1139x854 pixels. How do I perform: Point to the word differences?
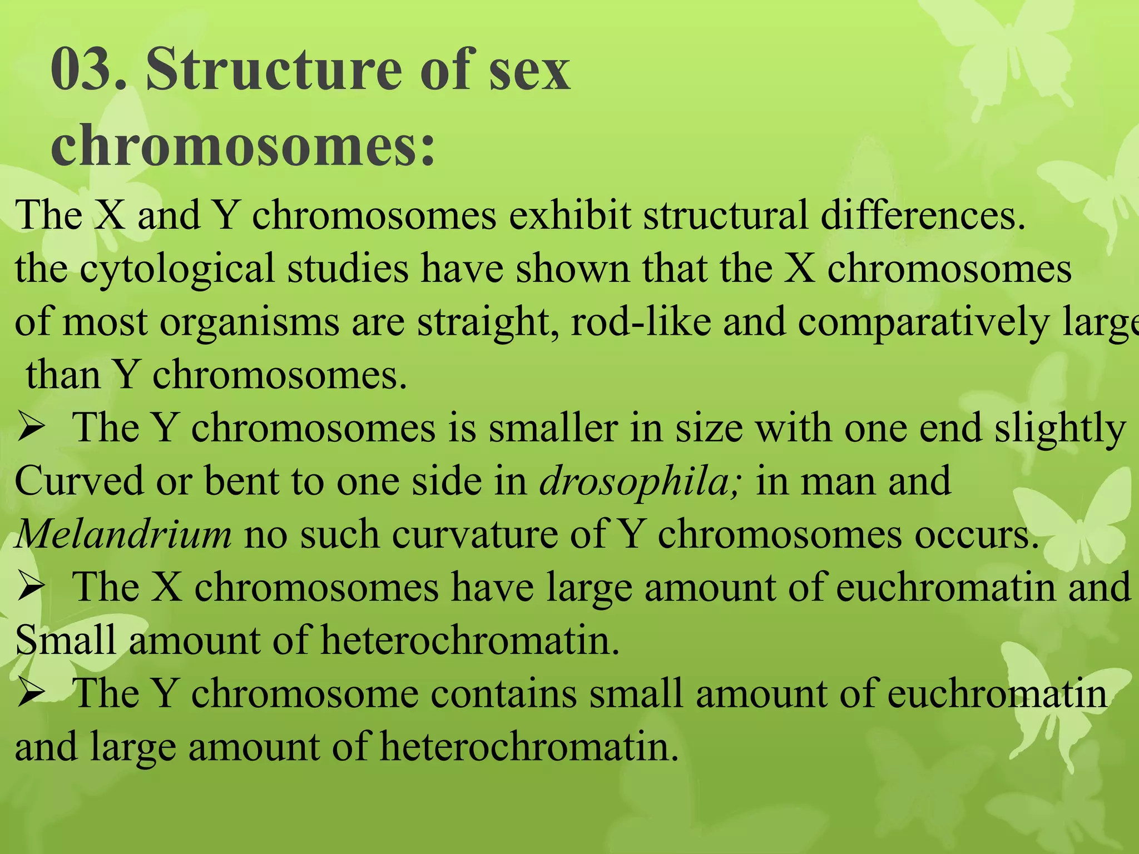click(923, 215)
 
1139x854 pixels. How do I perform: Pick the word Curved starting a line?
click(78, 481)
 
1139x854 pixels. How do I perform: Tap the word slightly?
click(1060, 429)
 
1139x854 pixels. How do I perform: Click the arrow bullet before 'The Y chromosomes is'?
click(30, 429)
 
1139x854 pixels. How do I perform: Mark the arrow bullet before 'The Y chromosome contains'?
click(30, 694)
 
